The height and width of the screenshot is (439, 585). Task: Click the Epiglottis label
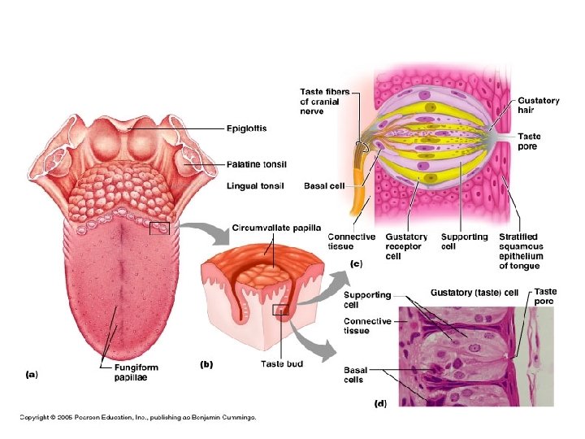point(246,128)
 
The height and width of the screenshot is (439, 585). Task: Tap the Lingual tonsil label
point(254,185)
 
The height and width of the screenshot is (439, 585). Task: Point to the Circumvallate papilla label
point(276,228)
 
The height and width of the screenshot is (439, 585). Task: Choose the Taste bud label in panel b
point(282,364)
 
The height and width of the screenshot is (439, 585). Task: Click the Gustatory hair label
point(538,106)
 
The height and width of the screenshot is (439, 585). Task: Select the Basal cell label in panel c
point(324,185)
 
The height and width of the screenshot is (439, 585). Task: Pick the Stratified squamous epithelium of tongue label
point(521,251)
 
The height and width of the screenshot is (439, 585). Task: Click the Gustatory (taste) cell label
point(474,292)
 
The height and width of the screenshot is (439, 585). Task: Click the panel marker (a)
point(31,375)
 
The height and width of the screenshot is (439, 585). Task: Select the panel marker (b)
point(208,365)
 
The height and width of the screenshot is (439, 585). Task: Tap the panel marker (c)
point(354,264)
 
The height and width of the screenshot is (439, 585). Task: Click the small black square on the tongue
point(159,228)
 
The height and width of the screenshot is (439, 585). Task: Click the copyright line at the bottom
point(138,418)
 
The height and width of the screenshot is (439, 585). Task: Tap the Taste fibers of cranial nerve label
point(325,102)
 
